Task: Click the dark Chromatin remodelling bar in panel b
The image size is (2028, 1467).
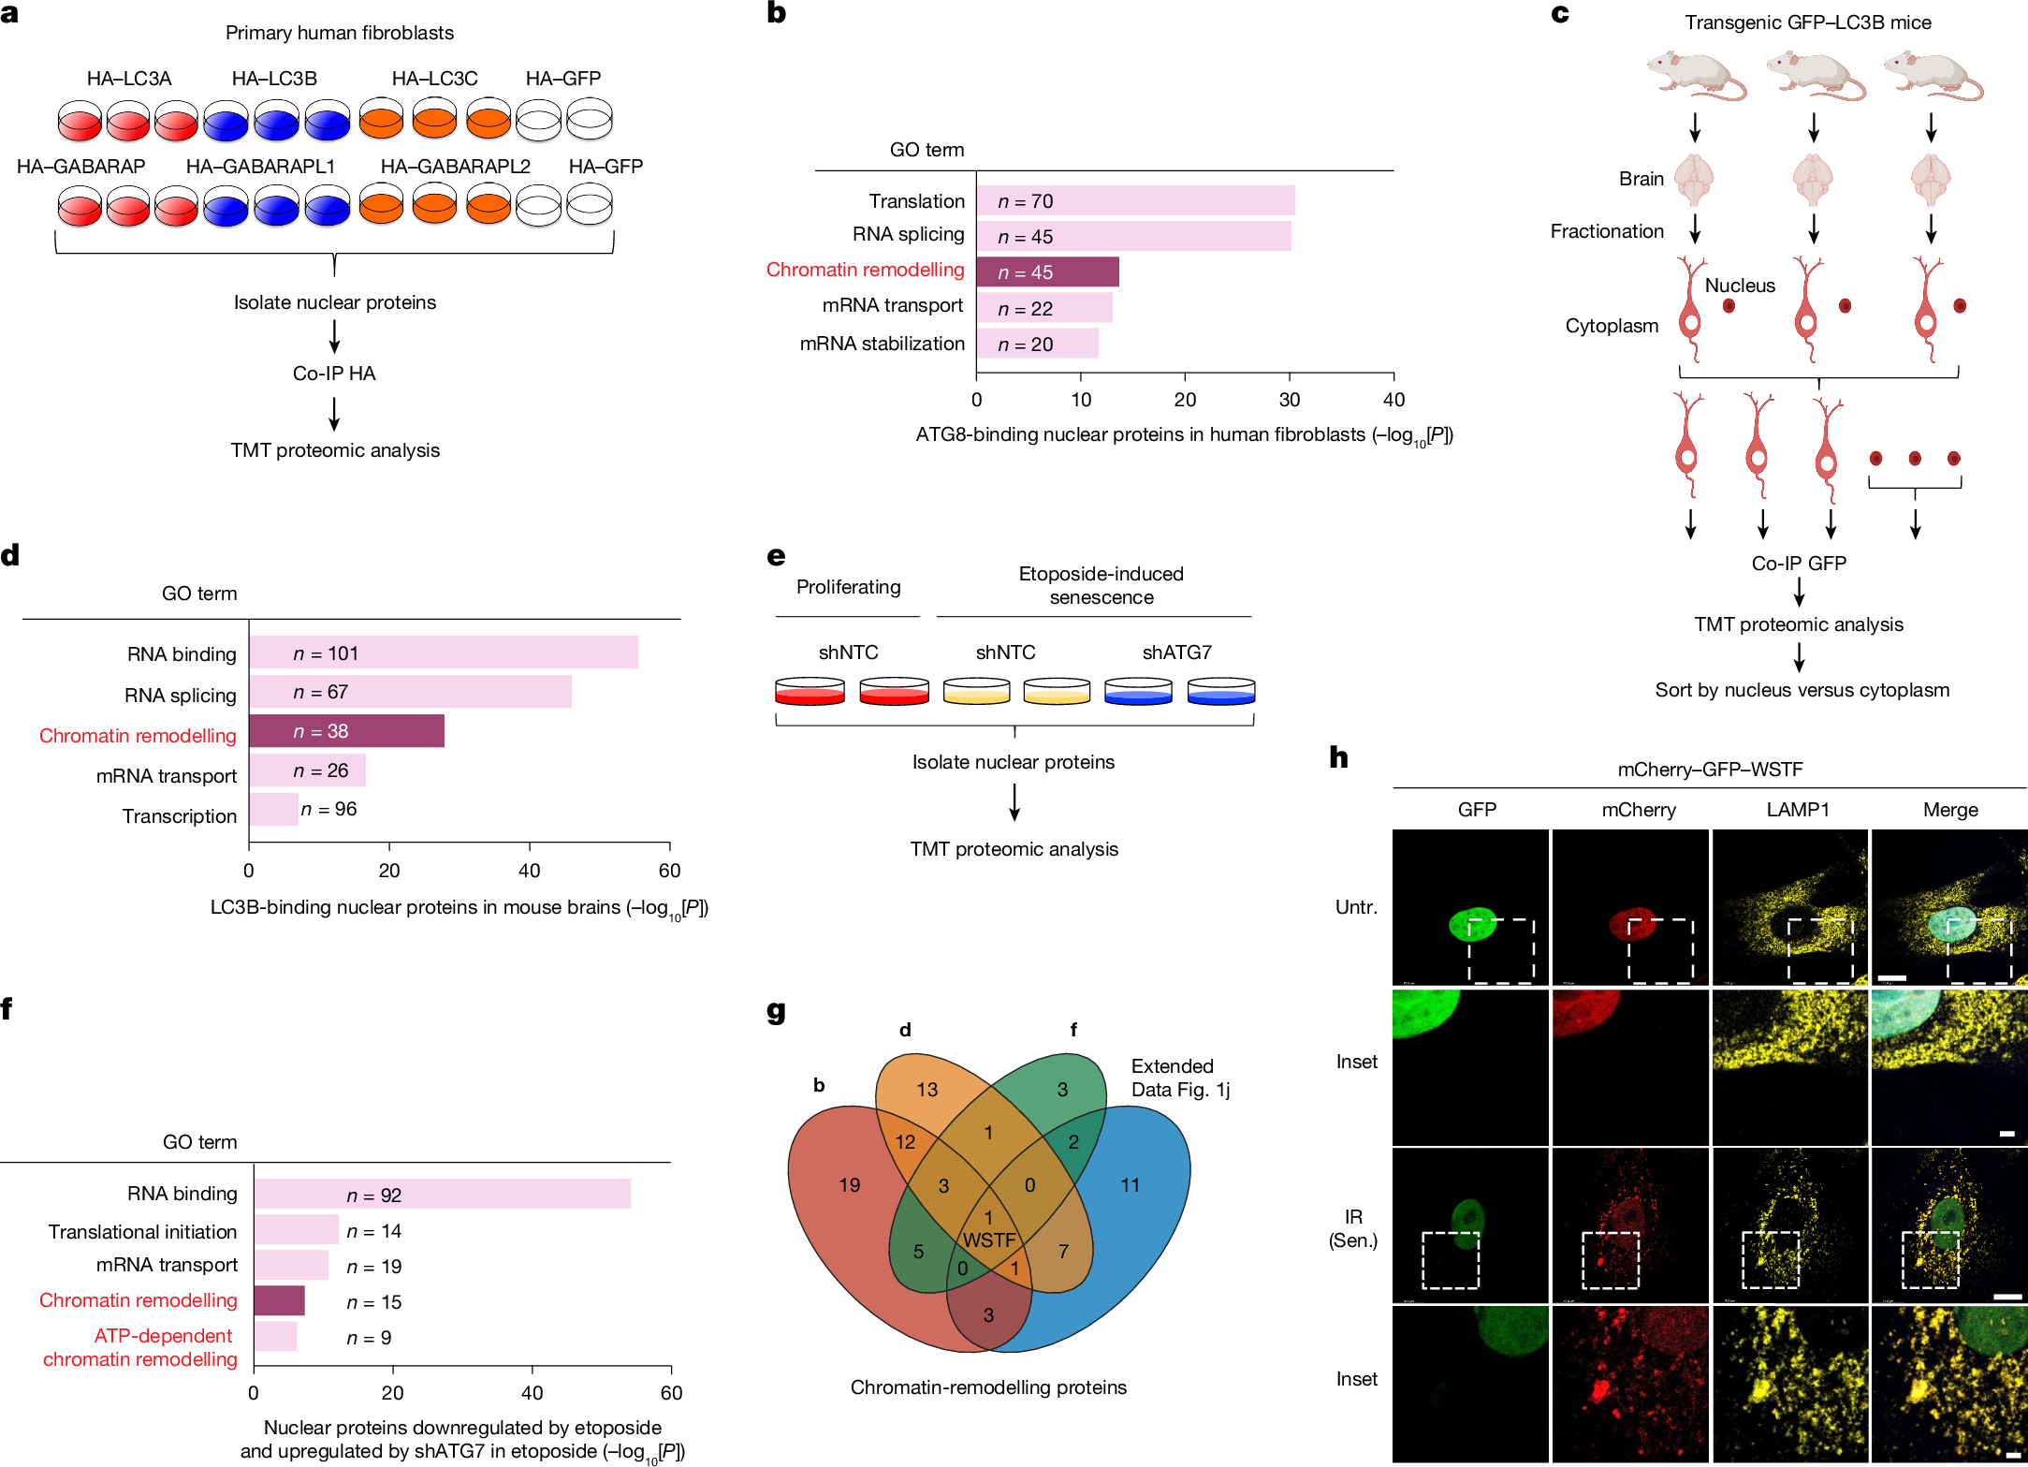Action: coord(1047,271)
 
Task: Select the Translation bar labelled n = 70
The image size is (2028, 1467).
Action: coord(1135,200)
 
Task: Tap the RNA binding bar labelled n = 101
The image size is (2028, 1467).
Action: coord(444,653)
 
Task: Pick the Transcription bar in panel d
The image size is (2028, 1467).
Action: coord(273,810)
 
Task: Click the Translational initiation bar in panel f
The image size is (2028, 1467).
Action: coord(296,1230)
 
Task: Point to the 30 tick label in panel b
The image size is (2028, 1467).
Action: coord(1289,400)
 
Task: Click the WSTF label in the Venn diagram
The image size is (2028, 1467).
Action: coord(989,1240)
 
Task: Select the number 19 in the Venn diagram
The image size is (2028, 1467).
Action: coord(849,1185)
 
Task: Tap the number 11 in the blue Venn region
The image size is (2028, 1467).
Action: coord(1131,1185)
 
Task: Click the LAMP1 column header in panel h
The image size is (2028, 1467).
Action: coord(1798,810)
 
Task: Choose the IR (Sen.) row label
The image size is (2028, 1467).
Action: coord(1353,1228)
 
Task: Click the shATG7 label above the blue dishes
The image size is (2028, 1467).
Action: coord(1176,653)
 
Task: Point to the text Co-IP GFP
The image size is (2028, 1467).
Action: coord(1799,564)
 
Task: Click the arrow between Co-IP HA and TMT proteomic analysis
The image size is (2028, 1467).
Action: coord(334,413)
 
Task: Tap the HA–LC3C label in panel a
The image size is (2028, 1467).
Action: coord(434,79)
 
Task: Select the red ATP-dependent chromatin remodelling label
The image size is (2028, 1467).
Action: coord(140,1347)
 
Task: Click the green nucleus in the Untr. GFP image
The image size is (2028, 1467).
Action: coord(1472,924)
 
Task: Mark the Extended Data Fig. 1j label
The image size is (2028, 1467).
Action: coord(1180,1078)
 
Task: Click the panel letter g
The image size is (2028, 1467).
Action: coord(776,1012)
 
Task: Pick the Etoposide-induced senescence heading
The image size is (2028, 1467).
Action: coord(1101,585)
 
